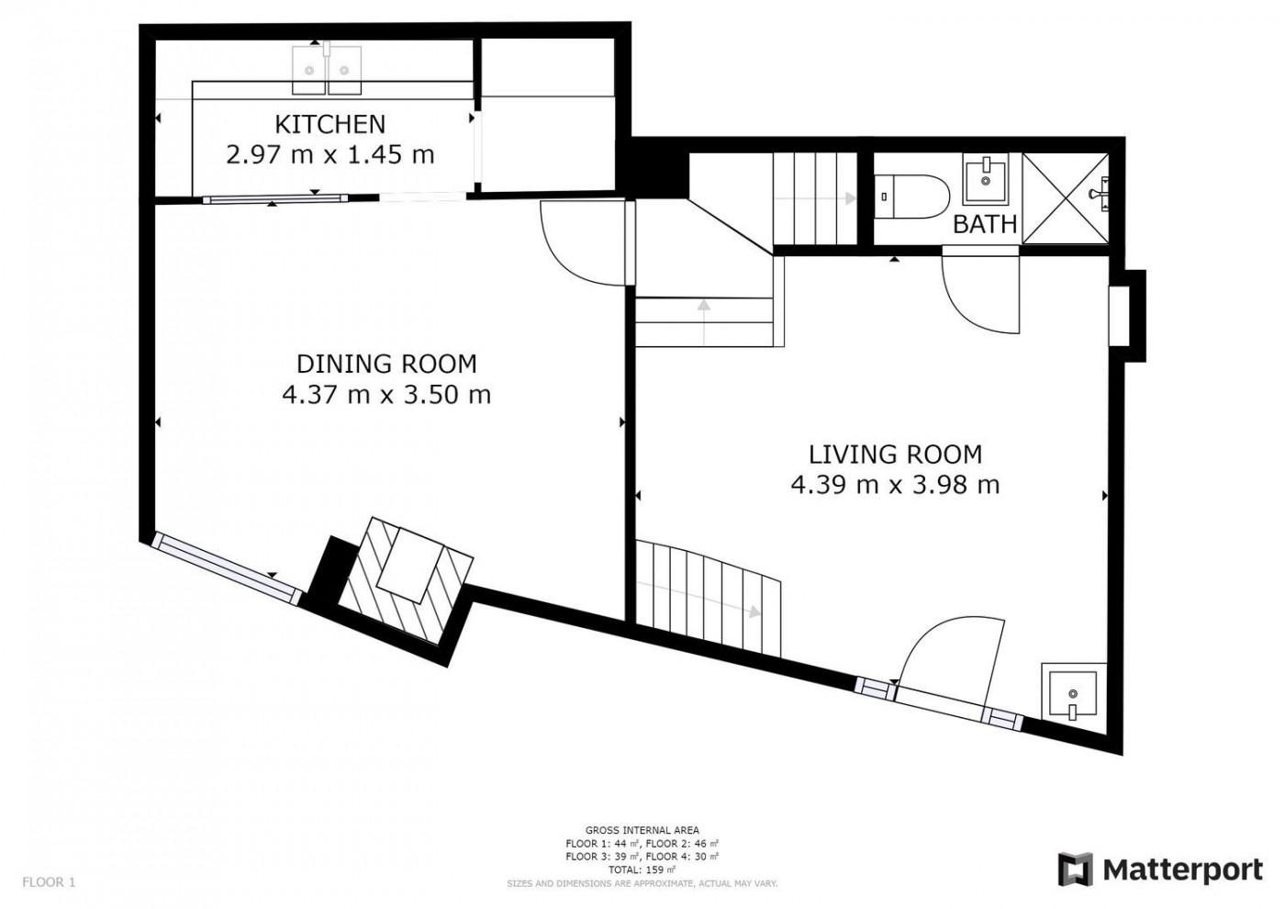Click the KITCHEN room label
click(x=330, y=125)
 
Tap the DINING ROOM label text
click(x=386, y=365)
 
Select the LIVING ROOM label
click(x=895, y=454)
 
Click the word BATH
click(x=985, y=224)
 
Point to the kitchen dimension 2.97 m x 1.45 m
click(x=330, y=155)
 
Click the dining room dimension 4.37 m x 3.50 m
click(x=386, y=395)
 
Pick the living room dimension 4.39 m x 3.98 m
click(x=895, y=485)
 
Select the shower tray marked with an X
click(x=1066, y=198)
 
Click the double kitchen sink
click(x=327, y=70)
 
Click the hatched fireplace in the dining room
click(x=406, y=579)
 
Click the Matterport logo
click(x=1160, y=869)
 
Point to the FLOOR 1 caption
click(x=49, y=882)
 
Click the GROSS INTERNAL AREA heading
click(x=642, y=830)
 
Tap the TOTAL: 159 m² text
click(x=642, y=870)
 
